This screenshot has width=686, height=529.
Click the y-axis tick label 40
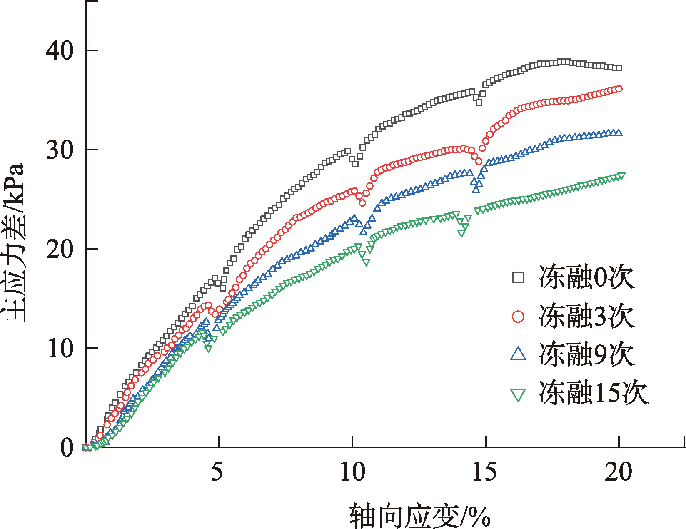pyautogui.click(x=60, y=50)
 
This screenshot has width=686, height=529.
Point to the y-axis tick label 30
pyautogui.click(x=60, y=150)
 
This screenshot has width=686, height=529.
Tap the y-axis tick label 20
pyautogui.click(x=60, y=249)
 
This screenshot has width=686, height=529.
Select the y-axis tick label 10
pyautogui.click(x=60, y=348)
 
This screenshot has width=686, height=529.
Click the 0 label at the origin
pyautogui.click(x=67, y=448)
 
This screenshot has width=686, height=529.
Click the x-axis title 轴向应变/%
pyautogui.click(x=420, y=514)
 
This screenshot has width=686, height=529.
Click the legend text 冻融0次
pyautogui.click(x=586, y=277)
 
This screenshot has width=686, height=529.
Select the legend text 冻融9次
pyautogui.click(x=586, y=354)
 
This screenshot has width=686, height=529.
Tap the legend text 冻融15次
pyautogui.click(x=594, y=392)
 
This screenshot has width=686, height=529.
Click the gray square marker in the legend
pyautogui.click(x=518, y=277)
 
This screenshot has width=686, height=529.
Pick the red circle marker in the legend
pyautogui.click(x=518, y=316)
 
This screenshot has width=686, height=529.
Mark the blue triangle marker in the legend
pyautogui.click(x=518, y=354)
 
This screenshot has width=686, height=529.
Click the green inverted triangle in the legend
pyautogui.click(x=518, y=394)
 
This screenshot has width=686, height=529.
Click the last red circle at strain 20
pyautogui.click(x=619, y=89)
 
